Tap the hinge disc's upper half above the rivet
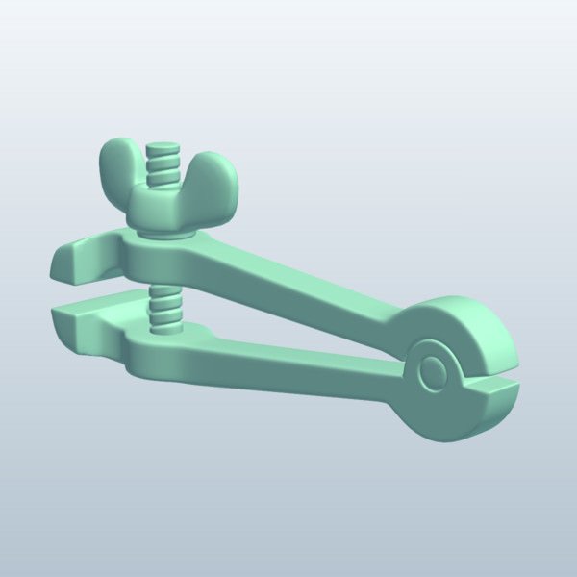point(452,322)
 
